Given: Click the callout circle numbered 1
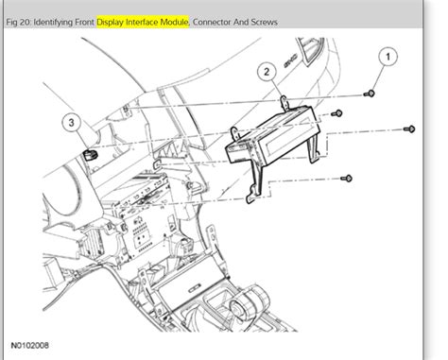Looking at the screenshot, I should point(386,60).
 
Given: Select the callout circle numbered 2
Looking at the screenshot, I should point(267,72).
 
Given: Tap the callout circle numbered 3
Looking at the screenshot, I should point(70,122).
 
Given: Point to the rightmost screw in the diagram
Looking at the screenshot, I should point(408,129).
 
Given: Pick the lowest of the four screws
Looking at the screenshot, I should point(347,177).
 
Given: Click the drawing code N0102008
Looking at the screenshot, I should point(32,346).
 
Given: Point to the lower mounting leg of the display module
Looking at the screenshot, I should point(250,189).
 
